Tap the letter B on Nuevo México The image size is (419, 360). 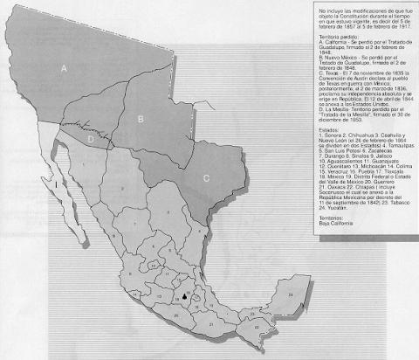140,114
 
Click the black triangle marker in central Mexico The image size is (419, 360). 185,298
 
